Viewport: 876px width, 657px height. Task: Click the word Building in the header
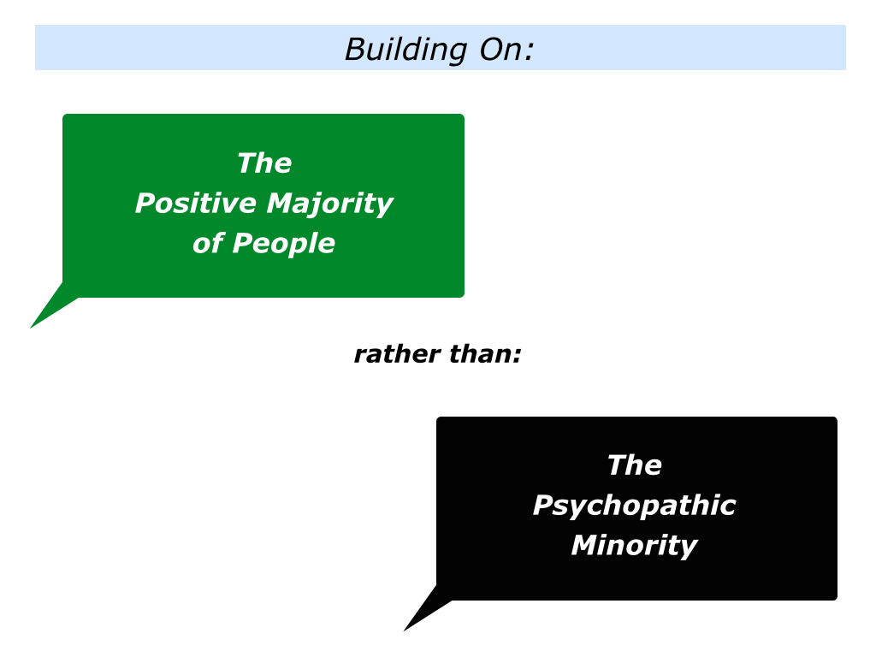coord(406,50)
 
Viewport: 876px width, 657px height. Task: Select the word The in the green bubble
coord(264,163)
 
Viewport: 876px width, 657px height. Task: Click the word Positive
coord(196,203)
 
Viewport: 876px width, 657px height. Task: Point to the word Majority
coord(330,204)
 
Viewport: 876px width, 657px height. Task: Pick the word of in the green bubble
coord(209,243)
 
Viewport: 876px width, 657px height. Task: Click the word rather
coord(397,354)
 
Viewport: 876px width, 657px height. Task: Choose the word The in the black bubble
coord(635,465)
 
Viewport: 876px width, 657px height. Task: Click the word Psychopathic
coord(634,506)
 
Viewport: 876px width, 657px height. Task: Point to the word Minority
coord(634,546)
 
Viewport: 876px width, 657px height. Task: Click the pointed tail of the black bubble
coord(404,630)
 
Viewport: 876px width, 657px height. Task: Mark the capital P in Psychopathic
coord(544,505)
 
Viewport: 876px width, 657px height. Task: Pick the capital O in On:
coord(491,49)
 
